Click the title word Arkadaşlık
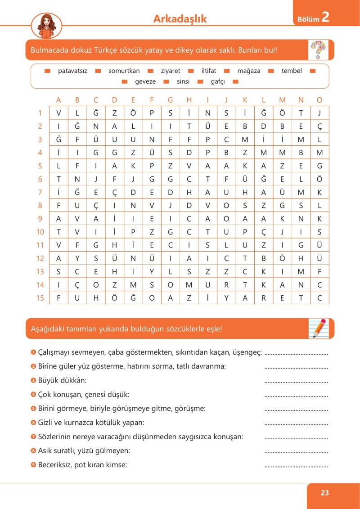[180, 18]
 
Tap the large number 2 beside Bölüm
[326, 18]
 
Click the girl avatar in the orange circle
[46, 25]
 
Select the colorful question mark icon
[319, 50]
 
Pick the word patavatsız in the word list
[72, 71]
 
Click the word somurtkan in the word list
[124, 71]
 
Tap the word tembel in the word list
[292, 71]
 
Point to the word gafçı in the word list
[220, 81]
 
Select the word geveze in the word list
[145, 81]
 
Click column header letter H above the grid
[189, 100]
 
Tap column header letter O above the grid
[319, 100]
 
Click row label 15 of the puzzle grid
[40, 298]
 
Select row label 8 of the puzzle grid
[40, 206]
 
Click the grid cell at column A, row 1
[58, 113]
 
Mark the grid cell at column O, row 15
[319, 298]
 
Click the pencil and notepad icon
[319, 328]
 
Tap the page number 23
[325, 493]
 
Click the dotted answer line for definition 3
[296, 382]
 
